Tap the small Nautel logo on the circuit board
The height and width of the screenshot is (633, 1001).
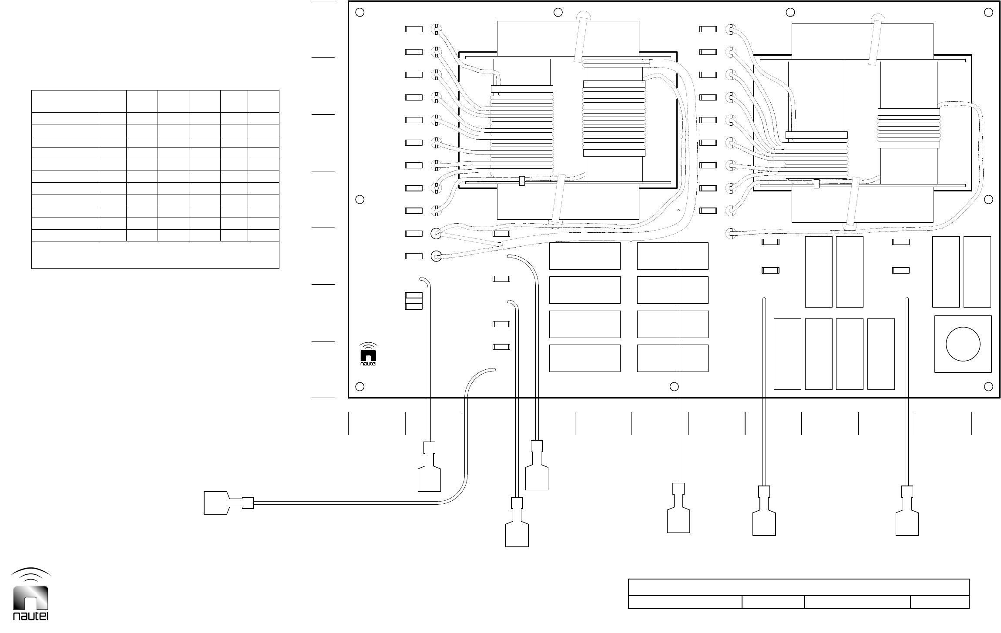[369, 355]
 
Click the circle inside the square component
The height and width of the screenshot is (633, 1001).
[963, 344]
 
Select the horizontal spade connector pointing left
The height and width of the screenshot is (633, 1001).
[228, 503]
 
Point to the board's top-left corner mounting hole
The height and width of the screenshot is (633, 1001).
[359, 13]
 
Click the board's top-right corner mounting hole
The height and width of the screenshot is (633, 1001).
[988, 13]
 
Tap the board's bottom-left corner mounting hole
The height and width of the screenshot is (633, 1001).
[359, 386]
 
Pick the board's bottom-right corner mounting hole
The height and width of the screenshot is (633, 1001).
[988, 386]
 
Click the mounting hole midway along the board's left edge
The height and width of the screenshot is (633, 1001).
[359, 199]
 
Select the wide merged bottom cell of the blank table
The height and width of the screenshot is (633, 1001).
[155, 255]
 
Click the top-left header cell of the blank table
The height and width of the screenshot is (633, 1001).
[65, 101]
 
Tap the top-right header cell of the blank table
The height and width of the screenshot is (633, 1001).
[263, 101]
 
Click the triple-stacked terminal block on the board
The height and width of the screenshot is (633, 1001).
[413, 301]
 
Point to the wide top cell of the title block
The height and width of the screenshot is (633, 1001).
[799, 587]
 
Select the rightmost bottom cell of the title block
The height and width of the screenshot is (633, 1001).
[940, 602]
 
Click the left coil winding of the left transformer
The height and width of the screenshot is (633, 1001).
[522, 135]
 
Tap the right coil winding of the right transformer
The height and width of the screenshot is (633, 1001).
[909, 128]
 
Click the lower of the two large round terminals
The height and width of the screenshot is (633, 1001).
[436, 256]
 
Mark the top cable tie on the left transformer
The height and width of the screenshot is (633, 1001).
[581, 39]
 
